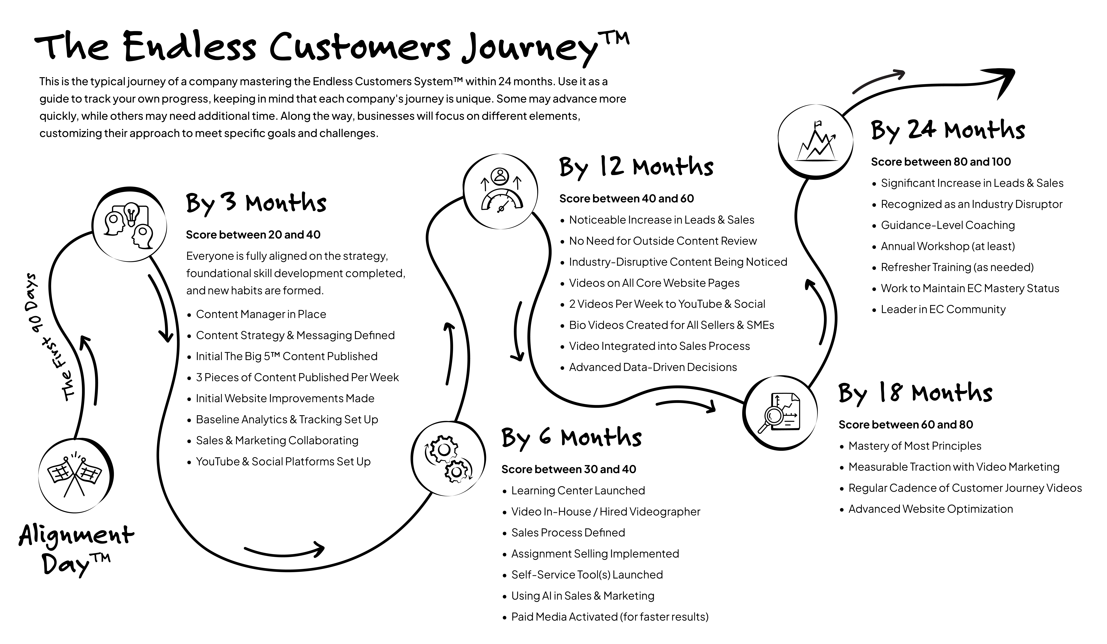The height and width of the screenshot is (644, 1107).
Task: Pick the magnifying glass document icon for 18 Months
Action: click(x=780, y=413)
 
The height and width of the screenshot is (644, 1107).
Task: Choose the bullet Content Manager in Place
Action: click(x=261, y=314)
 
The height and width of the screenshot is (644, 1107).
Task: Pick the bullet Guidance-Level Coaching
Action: click(x=948, y=225)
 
